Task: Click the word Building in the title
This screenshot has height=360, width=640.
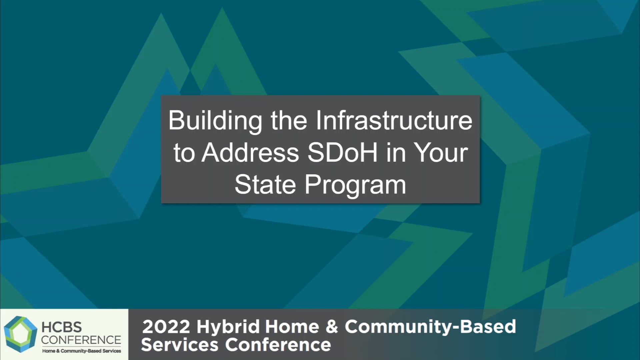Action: pyautogui.click(x=215, y=121)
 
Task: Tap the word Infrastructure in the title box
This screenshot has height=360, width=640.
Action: pyautogui.click(x=394, y=121)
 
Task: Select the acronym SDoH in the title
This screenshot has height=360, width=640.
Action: pyautogui.click(x=342, y=153)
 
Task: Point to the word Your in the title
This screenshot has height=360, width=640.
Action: pyautogui.click(x=441, y=153)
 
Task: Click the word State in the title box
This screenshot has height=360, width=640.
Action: pyautogui.click(x=265, y=184)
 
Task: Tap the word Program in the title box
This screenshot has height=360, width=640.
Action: pyautogui.click(x=355, y=185)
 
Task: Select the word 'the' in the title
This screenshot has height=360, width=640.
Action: pyautogui.click(x=289, y=121)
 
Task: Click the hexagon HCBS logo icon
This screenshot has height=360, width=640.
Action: pyautogui.click(x=20, y=334)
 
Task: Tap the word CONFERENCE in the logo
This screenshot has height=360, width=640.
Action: pyautogui.click(x=81, y=340)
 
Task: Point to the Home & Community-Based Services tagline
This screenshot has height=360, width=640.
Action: pyautogui.click(x=81, y=351)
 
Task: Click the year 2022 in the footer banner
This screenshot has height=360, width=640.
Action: pyautogui.click(x=166, y=327)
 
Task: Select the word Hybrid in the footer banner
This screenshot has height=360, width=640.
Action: pyautogui.click(x=228, y=327)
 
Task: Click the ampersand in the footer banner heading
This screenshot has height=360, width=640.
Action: pyautogui.click(x=332, y=327)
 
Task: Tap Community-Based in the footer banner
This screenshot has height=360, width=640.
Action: pyautogui.click(x=430, y=327)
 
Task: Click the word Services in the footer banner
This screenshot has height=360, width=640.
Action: pyautogui.click(x=180, y=345)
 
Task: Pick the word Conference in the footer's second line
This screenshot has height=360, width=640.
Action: pyautogui.click(x=278, y=345)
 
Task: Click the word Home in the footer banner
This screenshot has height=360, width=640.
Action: pyautogui.click(x=292, y=327)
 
